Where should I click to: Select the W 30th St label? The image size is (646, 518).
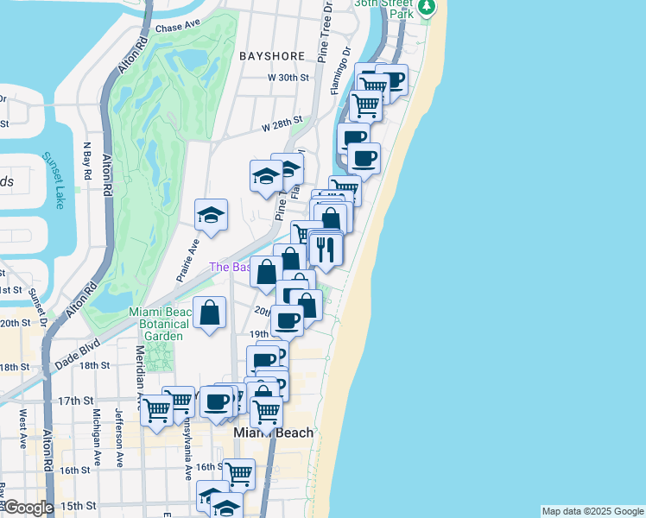288,78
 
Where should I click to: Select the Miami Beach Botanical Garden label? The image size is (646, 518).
156,324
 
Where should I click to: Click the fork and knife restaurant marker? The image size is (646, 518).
326,248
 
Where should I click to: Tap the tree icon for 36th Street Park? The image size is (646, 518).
426,8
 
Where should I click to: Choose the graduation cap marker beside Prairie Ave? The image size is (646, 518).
211,216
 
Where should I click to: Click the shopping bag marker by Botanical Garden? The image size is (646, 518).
209,312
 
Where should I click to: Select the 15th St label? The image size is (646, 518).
77,505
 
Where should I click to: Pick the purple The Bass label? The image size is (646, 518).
230,267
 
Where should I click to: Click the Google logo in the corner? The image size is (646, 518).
28,509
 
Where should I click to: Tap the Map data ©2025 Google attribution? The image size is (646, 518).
592,511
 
